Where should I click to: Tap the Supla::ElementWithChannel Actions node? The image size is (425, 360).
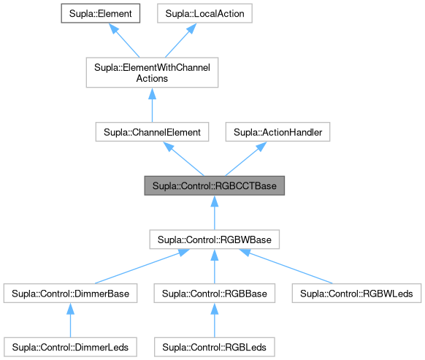153,72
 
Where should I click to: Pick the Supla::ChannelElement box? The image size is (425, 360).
153,132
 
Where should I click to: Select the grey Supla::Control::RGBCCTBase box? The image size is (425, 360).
214,185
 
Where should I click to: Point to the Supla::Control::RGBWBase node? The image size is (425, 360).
214,239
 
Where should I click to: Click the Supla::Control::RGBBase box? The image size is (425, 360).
214,294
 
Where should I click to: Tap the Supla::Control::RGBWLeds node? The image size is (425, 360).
357,294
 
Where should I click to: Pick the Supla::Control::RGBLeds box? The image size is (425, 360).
214,342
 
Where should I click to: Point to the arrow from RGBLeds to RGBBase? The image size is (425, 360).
214,318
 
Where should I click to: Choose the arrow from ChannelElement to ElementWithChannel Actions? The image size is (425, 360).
153,106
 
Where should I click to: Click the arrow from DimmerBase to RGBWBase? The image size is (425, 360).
139,267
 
